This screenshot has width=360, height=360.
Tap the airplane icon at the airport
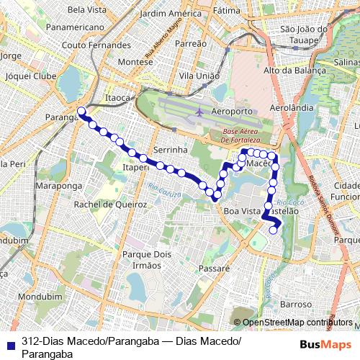pos(199,112)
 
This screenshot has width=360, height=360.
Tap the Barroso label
pos(296,305)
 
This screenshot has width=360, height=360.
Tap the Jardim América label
pos(170,14)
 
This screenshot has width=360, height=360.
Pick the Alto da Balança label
pos(292,71)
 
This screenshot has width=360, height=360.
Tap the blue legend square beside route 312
pos(9,343)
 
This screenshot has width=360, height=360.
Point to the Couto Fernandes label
pos(96,45)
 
